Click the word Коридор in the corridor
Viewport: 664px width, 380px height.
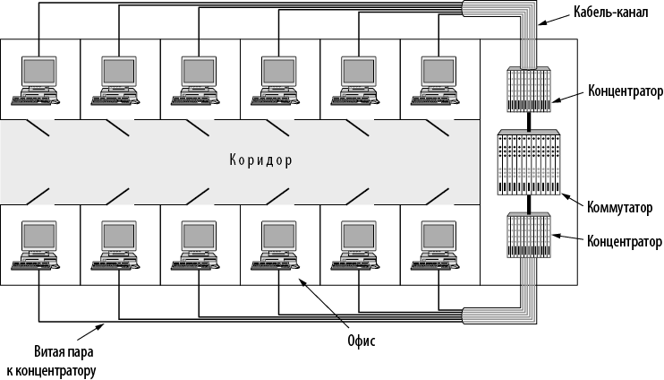(260, 161)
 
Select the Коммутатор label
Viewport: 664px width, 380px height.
(620, 209)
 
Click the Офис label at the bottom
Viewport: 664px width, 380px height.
(361, 341)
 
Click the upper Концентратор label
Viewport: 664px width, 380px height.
(626, 91)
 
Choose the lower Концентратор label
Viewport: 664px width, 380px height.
(625, 242)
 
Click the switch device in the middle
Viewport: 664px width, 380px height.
(528, 163)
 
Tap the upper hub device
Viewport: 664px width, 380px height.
(528, 90)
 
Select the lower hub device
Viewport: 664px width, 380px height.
(528, 235)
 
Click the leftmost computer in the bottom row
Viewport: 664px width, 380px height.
(38, 245)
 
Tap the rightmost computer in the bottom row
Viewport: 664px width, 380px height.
(438, 245)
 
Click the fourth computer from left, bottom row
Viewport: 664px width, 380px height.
(278, 245)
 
